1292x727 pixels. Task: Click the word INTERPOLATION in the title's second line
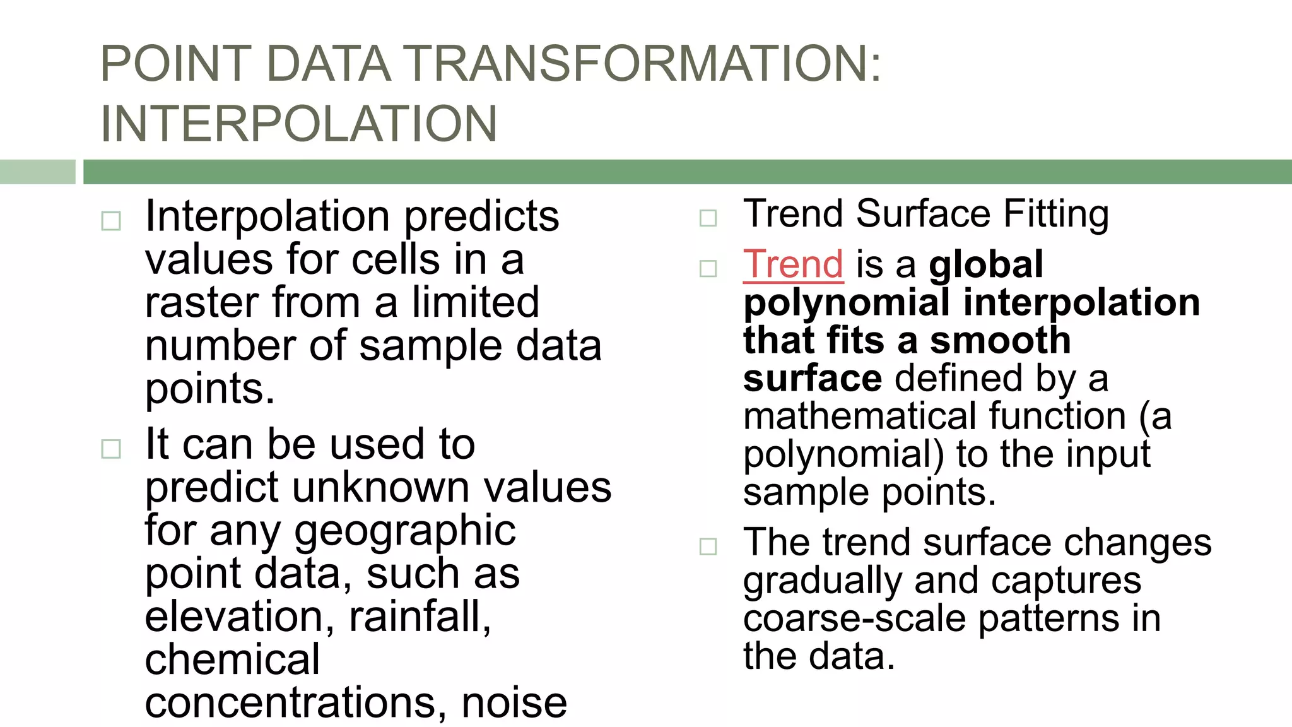299,124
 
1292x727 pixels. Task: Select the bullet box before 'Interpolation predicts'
111,221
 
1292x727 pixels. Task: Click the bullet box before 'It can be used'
111,449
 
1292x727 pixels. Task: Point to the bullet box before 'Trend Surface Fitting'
708,218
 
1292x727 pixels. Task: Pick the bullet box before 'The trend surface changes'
708,547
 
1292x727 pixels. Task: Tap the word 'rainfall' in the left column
419,617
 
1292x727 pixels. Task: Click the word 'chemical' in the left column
232,659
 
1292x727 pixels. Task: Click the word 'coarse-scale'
854,618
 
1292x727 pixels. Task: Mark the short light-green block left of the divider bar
37,172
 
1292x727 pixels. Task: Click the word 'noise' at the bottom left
514,703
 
